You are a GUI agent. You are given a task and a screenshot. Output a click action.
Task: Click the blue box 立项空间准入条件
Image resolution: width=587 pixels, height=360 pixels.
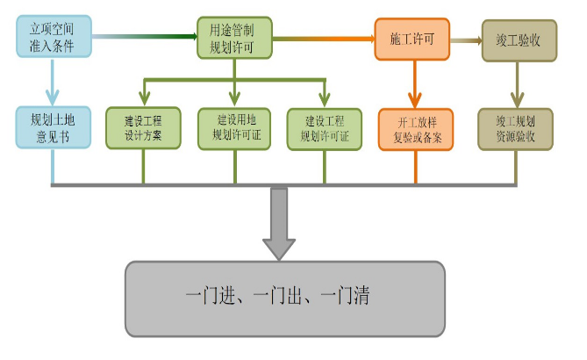(x=52, y=37)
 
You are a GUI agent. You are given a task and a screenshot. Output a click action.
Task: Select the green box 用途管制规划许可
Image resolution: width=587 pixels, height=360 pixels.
(x=235, y=38)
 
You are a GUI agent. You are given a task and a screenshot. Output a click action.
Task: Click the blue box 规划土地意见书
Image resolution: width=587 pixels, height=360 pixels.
(x=52, y=127)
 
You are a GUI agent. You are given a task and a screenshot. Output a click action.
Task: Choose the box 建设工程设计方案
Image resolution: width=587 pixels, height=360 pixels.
(x=143, y=127)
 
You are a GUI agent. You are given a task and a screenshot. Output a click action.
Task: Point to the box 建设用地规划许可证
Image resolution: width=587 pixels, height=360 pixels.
(x=235, y=127)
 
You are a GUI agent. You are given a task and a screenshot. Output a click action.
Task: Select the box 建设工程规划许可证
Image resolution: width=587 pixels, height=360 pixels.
(x=325, y=127)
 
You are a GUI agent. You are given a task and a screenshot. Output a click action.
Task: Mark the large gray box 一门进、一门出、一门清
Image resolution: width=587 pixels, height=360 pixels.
(x=278, y=298)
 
